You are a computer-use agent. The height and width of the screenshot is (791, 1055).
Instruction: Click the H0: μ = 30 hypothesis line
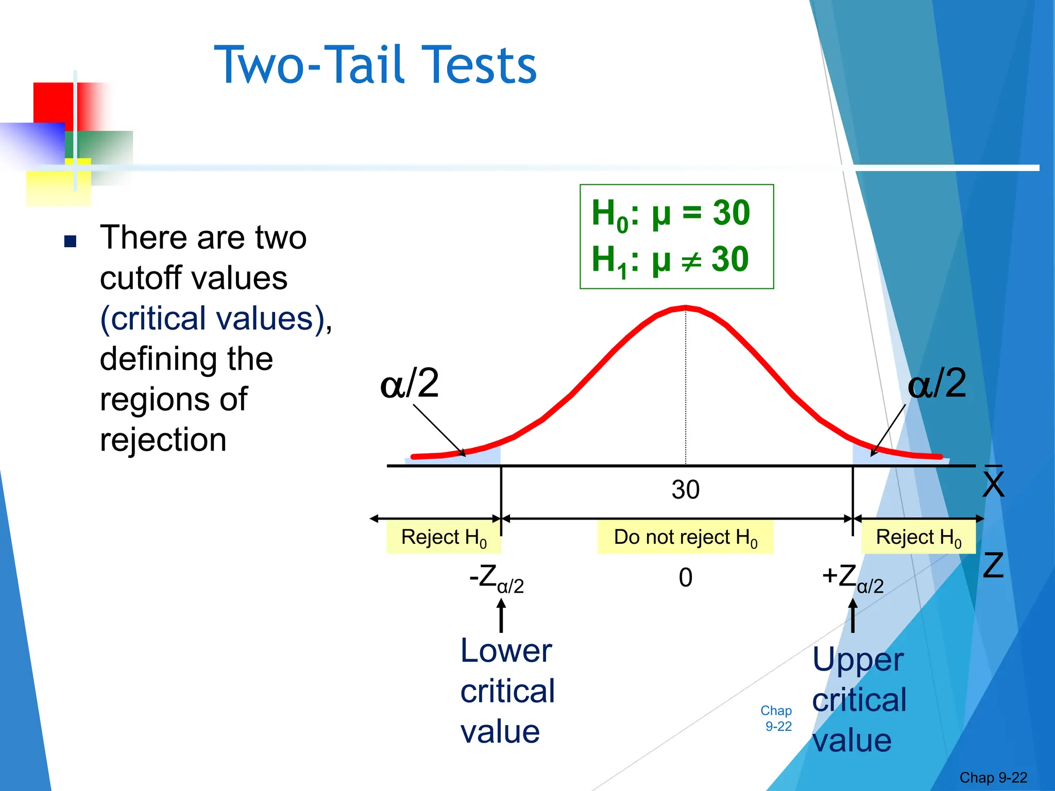click(x=670, y=213)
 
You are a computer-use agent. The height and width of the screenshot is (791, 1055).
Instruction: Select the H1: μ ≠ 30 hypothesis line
click(x=670, y=260)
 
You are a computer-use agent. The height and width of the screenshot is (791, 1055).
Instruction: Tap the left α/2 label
click(x=410, y=383)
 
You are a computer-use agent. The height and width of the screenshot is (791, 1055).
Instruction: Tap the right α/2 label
click(x=937, y=383)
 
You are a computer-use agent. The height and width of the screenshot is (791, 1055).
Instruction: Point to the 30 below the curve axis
click(x=685, y=489)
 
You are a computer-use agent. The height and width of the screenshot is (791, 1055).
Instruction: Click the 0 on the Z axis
click(x=685, y=577)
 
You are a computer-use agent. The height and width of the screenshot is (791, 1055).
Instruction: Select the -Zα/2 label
click(x=496, y=579)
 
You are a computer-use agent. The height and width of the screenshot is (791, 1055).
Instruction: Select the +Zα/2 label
click(x=853, y=579)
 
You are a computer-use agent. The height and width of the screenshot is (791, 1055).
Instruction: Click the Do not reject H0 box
click(x=685, y=537)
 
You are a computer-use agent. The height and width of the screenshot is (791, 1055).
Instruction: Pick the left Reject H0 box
click(x=444, y=537)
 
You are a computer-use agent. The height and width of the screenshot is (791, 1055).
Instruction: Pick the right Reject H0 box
click(x=918, y=537)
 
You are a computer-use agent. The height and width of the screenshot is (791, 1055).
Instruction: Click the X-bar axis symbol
click(x=993, y=482)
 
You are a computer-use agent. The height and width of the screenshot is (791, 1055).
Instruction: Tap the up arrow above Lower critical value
click(x=501, y=617)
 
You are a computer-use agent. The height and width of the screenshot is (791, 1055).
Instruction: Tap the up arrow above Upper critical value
click(x=853, y=617)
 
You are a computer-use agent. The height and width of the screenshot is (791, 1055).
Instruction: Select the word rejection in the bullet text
click(x=163, y=440)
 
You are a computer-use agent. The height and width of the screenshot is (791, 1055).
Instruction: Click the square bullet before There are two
click(x=70, y=241)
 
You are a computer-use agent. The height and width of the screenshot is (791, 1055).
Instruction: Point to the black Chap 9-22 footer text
click(x=993, y=778)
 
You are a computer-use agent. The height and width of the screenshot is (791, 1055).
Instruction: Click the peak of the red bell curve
click(x=686, y=308)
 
